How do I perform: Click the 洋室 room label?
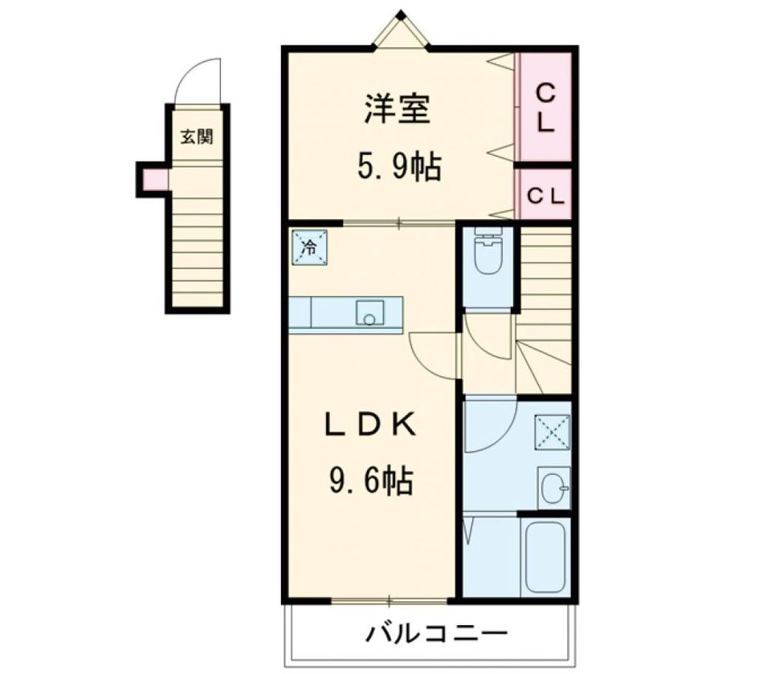(398, 109)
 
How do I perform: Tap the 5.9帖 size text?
(399, 167)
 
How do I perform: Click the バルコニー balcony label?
(435, 634)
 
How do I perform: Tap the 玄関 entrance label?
(197, 136)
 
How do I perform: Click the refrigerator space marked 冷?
(310, 247)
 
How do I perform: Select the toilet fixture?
(488, 250)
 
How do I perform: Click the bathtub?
(545, 557)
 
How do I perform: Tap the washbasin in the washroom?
(554, 489)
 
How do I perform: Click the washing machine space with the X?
(553, 432)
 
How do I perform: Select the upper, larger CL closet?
(545, 108)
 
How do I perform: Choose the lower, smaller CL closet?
(545, 194)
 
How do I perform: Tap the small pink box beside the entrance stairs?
(155, 179)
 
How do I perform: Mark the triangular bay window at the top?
(401, 30)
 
